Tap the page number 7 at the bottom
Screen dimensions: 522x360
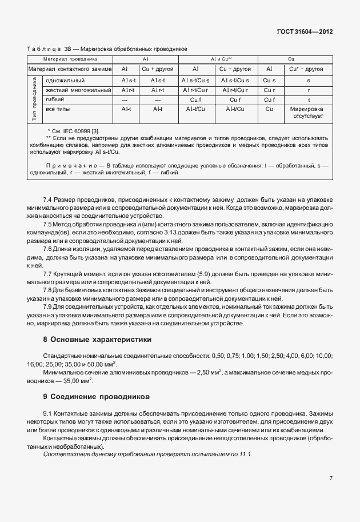pyautogui.click(x=331, y=478)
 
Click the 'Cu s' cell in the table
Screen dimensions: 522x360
pyautogui.click(x=270, y=81)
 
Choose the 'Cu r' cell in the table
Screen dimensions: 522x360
pyautogui.click(x=270, y=90)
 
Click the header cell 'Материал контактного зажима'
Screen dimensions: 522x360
pyautogui.click(x=71, y=69)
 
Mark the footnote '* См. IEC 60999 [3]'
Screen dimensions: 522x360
pyautogui.click(x=75, y=131)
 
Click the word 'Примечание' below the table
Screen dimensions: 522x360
pyautogui.click(x=71, y=165)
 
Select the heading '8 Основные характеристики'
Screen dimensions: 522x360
pyautogui.click(x=97, y=340)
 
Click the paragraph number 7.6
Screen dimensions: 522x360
pyautogui.click(x=48, y=249)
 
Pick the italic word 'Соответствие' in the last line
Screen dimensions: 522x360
pyautogui.click(x=66, y=453)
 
